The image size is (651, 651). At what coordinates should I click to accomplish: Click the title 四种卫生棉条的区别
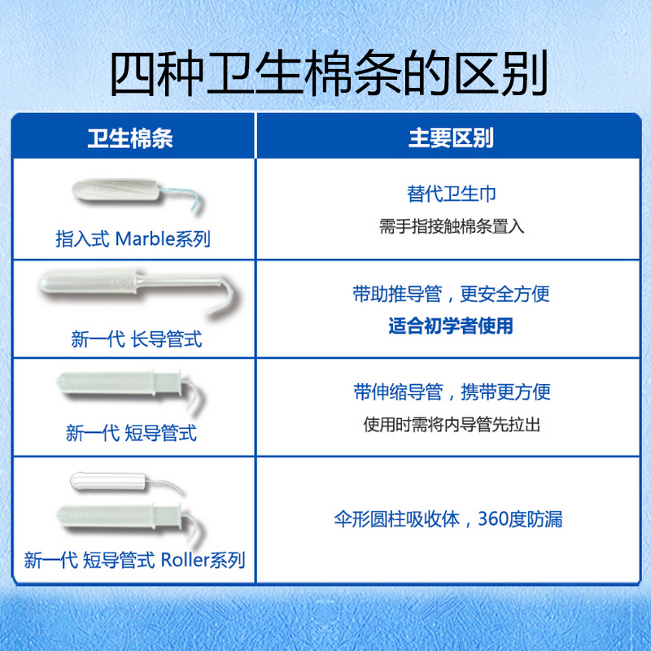325,75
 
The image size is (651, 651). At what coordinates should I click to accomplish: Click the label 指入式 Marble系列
133,239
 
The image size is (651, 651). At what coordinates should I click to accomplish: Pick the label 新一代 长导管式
137,339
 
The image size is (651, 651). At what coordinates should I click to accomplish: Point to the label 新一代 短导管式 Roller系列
134,560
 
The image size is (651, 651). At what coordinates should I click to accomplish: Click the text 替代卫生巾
452,194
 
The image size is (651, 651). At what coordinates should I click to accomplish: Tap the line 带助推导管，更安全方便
452,294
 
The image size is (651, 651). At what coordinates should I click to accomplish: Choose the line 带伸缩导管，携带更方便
452,391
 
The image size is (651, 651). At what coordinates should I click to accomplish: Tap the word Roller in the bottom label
186,560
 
